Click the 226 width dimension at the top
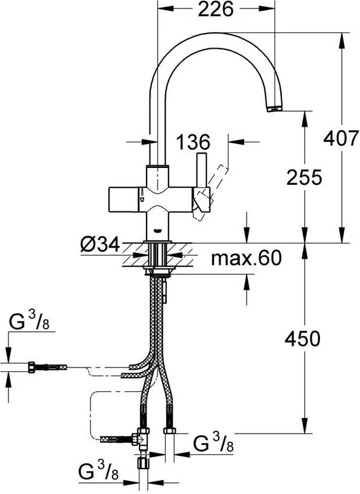coord(215,10)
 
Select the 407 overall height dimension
coord(340,138)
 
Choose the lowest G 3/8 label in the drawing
coord(98,471)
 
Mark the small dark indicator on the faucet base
coord(156,230)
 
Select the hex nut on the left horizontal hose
coord(32,367)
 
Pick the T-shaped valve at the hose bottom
coord(141,439)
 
